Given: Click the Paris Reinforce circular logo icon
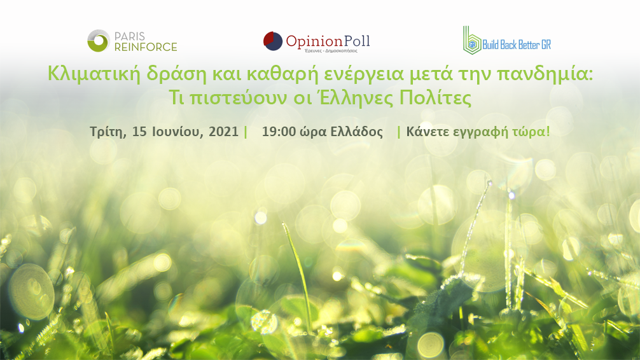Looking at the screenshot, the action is [99, 41].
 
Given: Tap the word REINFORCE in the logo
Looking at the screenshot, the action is [146, 47].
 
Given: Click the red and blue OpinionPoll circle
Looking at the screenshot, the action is [273, 41].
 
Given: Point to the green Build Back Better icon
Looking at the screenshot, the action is [472, 40].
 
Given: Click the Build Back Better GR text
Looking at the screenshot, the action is [517, 45].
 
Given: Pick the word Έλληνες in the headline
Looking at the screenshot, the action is [356, 98].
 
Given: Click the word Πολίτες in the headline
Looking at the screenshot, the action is [436, 98].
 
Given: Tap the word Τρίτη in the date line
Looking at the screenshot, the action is [108, 132].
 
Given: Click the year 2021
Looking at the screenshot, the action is [223, 132].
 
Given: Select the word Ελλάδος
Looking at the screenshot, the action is [357, 132].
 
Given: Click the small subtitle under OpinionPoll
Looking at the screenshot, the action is [331, 51].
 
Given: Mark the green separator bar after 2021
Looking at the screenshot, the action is [246, 132].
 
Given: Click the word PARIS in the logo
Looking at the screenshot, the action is [130, 36].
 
